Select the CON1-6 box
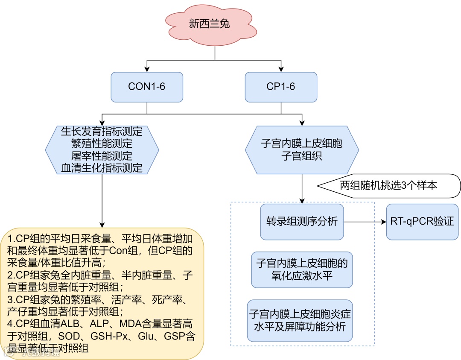[146, 87]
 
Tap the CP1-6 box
[280, 87]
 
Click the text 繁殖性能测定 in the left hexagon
[102, 143]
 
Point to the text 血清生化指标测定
[102, 167]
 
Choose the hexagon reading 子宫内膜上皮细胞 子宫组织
[302, 149]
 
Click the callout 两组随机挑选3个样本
[388, 186]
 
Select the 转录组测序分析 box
[302, 221]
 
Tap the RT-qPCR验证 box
[422, 221]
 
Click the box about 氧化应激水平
[302, 269]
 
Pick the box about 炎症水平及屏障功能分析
[302, 321]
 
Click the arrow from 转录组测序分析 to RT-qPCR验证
[363, 222]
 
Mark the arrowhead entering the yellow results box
[102, 225]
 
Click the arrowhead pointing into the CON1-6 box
[146, 69]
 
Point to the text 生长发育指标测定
[102, 131]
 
